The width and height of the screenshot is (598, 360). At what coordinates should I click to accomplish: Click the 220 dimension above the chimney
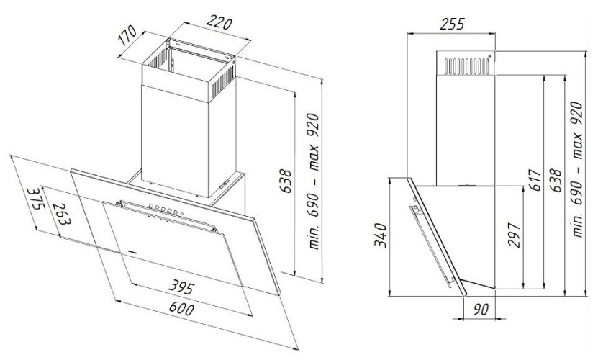click(219, 23)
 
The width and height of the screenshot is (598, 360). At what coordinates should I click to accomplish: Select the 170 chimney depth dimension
click(127, 35)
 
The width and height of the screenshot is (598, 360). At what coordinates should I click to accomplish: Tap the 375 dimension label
click(35, 198)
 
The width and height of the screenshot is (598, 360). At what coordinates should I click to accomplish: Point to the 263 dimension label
click(61, 213)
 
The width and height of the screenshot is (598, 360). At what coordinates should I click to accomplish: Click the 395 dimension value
click(181, 287)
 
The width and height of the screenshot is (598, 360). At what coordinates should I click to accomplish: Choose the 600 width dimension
click(181, 308)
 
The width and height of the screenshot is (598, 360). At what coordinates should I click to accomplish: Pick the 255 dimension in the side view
click(452, 24)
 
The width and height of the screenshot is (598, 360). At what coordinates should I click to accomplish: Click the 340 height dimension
click(380, 235)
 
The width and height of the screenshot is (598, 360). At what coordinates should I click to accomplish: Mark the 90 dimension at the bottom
click(481, 309)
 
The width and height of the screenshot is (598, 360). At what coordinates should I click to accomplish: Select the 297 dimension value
click(515, 235)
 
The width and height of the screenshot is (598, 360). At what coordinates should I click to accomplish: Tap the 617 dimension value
click(535, 180)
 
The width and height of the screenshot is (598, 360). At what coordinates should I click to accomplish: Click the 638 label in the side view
click(556, 180)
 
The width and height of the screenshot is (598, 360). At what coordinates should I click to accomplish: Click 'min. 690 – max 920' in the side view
click(577, 169)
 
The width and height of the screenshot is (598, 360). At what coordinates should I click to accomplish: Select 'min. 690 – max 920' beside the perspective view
click(314, 181)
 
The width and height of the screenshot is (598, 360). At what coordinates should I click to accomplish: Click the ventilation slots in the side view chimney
click(467, 66)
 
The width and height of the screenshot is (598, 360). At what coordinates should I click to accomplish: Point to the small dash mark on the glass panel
click(132, 251)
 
